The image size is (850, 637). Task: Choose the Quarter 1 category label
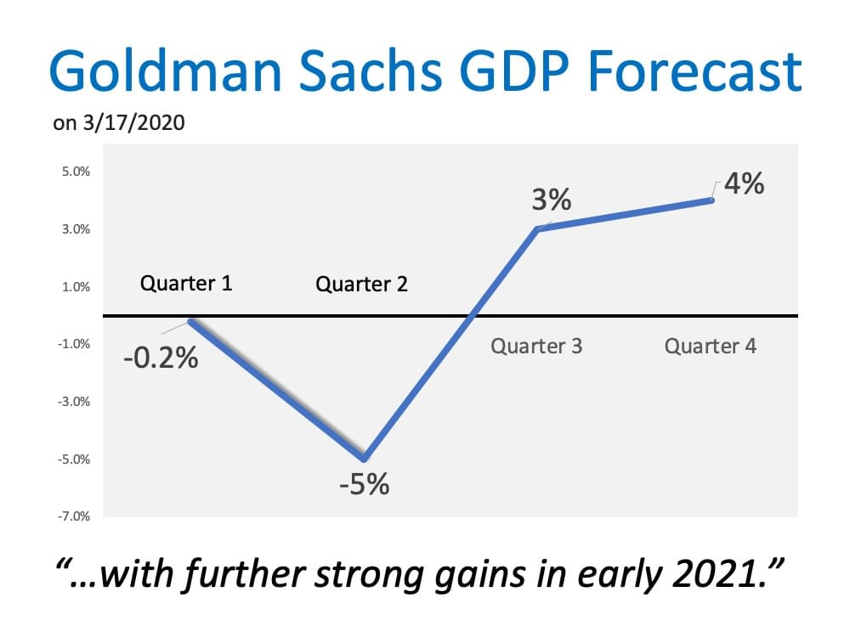point(186,283)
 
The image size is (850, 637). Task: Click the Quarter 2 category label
point(361,284)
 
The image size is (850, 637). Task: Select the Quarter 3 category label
point(536,347)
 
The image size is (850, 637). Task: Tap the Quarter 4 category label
point(711,347)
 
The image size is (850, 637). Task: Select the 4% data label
point(744,183)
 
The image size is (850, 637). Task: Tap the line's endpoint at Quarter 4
point(711,200)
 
